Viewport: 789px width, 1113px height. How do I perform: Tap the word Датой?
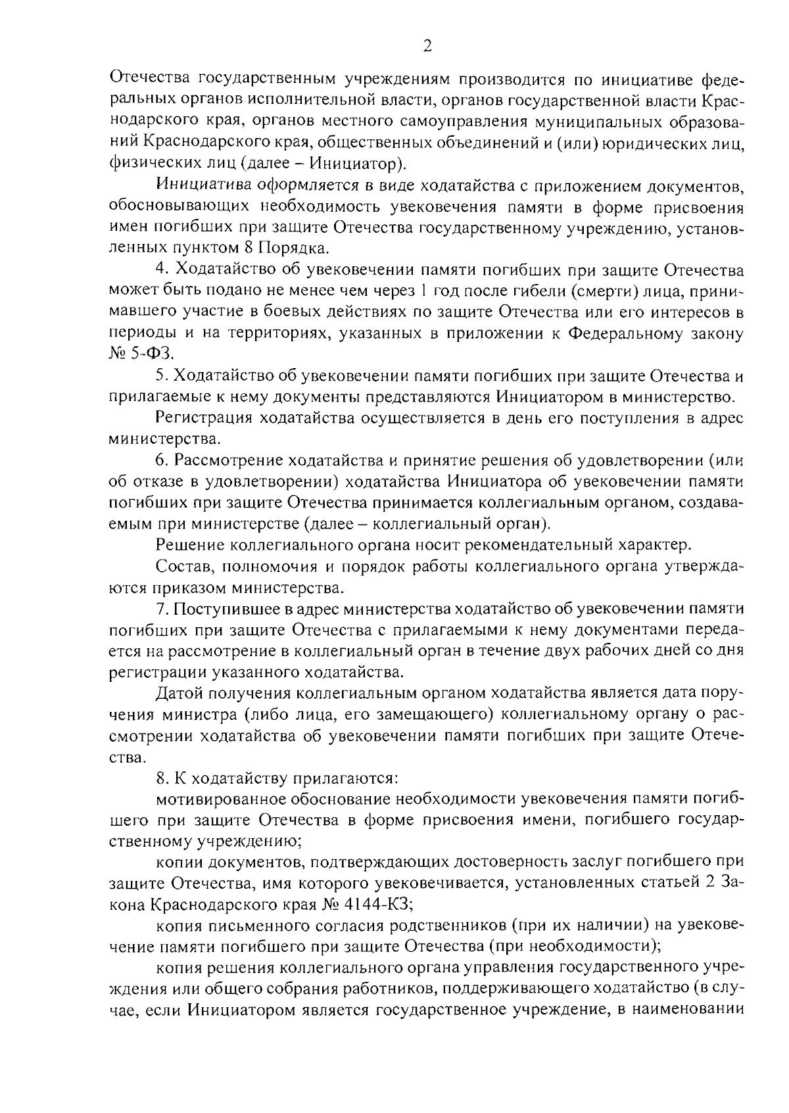(179, 693)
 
